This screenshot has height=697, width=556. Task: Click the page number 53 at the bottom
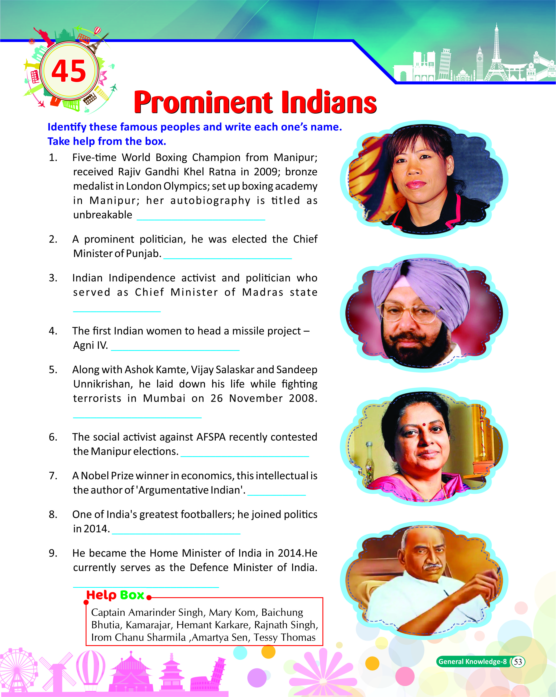click(518, 662)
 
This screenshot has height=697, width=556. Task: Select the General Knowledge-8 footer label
click(472, 662)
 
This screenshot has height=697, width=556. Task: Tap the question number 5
click(53, 370)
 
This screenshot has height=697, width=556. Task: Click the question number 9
click(53, 553)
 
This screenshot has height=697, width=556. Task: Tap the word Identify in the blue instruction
click(67, 127)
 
